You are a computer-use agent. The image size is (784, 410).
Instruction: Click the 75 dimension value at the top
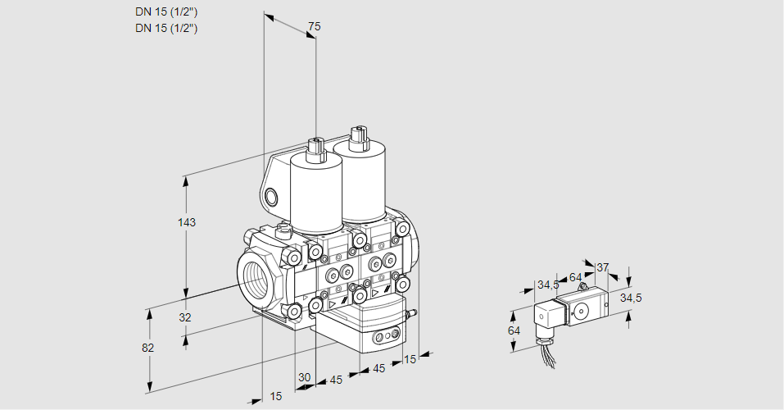click(x=314, y=26)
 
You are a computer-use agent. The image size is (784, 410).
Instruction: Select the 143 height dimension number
click(x=188, y=222)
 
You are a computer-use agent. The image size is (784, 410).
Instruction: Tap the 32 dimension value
click(x=184, y=317)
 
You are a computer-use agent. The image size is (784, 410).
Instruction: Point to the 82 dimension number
click(x=147, y=348)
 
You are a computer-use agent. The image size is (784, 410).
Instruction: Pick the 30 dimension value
click(x=304, y=377)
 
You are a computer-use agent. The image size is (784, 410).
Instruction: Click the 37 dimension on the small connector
click(x=602, y=267)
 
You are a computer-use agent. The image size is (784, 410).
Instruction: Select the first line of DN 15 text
click(x=167, y=11)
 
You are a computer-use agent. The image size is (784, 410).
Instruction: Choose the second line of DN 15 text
click(x=167, y=28)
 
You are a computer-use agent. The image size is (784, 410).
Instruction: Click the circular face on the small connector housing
click(x=582, y=310)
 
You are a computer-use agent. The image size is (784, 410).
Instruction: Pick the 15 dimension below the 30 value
click(x=276, y=396)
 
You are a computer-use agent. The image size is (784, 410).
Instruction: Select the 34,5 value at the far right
click(x=631, y=298)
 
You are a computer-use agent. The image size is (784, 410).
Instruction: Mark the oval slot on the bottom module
click(x=383, y=337)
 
